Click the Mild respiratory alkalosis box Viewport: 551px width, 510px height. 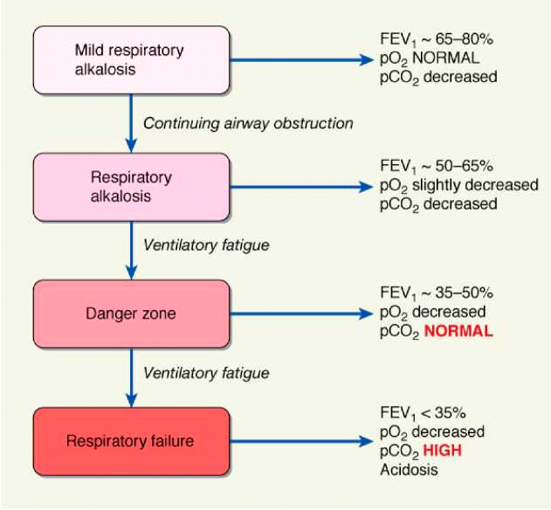pyautogui.click(x=131, y=59)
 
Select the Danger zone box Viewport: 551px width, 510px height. pyautogui.click(x=131, y=313)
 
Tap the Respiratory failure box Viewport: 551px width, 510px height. pyautogui.click(x=131, y=441)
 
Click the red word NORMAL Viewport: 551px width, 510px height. pyautogui.click(x=459, y=332)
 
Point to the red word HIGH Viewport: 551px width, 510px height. pyautogui.click(x=443, y=451)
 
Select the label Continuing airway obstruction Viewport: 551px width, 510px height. pyautogui.click(x=248, y=123)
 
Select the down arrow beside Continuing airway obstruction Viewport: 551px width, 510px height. pyautogui.click(x=131, y=123)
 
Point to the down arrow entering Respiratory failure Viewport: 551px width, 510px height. pyautogui.click(x=131, y=376)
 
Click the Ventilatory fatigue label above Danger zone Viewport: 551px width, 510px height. pyautogui.click(x=206, y=245)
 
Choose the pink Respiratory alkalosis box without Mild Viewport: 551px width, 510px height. pyautogui.click(x=131, y=186)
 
